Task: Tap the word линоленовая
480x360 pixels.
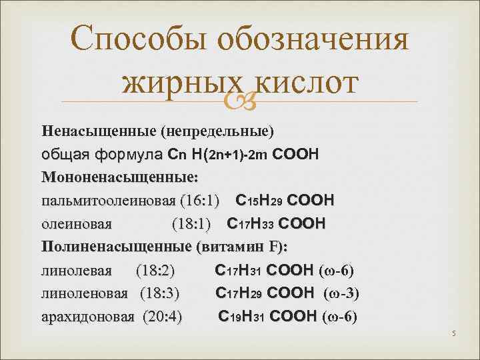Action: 85,293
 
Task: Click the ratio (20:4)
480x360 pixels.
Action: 163,316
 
